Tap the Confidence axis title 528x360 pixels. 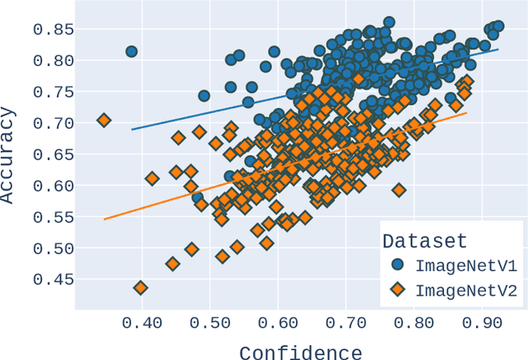point(300,353)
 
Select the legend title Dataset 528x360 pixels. point(425,241)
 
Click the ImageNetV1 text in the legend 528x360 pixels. point(465,266)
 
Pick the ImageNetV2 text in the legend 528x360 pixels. point(465,290)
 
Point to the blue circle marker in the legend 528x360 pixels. point(398,266)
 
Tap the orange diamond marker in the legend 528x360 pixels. point(398,290)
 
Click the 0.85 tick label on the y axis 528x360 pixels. point(54,30)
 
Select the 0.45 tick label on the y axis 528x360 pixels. point(54,280)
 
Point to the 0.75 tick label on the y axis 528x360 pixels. point(54,92)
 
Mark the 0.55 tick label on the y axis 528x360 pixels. point(54,217)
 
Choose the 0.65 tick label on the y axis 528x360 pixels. point(54,154)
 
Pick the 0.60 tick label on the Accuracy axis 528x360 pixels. point(54,186)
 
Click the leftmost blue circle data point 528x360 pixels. point(131,51)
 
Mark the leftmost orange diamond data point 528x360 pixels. point(104,121)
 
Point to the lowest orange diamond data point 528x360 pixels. point(140,288)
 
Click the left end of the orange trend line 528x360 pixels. point(104,219)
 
